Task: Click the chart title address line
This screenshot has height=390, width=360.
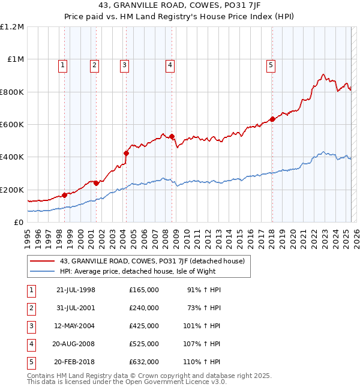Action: click(x=179, y=8)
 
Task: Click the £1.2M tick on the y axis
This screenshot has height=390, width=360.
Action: click(x=12, y=27)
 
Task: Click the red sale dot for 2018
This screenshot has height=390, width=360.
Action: click(x=272, y=119)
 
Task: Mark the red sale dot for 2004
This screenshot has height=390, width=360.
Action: click(x=126, y=153)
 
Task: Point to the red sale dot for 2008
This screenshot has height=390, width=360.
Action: click(x=172, y=137)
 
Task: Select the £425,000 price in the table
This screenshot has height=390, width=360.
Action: click(x=143, y=326)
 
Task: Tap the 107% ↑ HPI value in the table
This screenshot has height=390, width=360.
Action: click(x=202, y=344)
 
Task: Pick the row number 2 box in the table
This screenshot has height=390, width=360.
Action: click(x=31, y=308)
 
